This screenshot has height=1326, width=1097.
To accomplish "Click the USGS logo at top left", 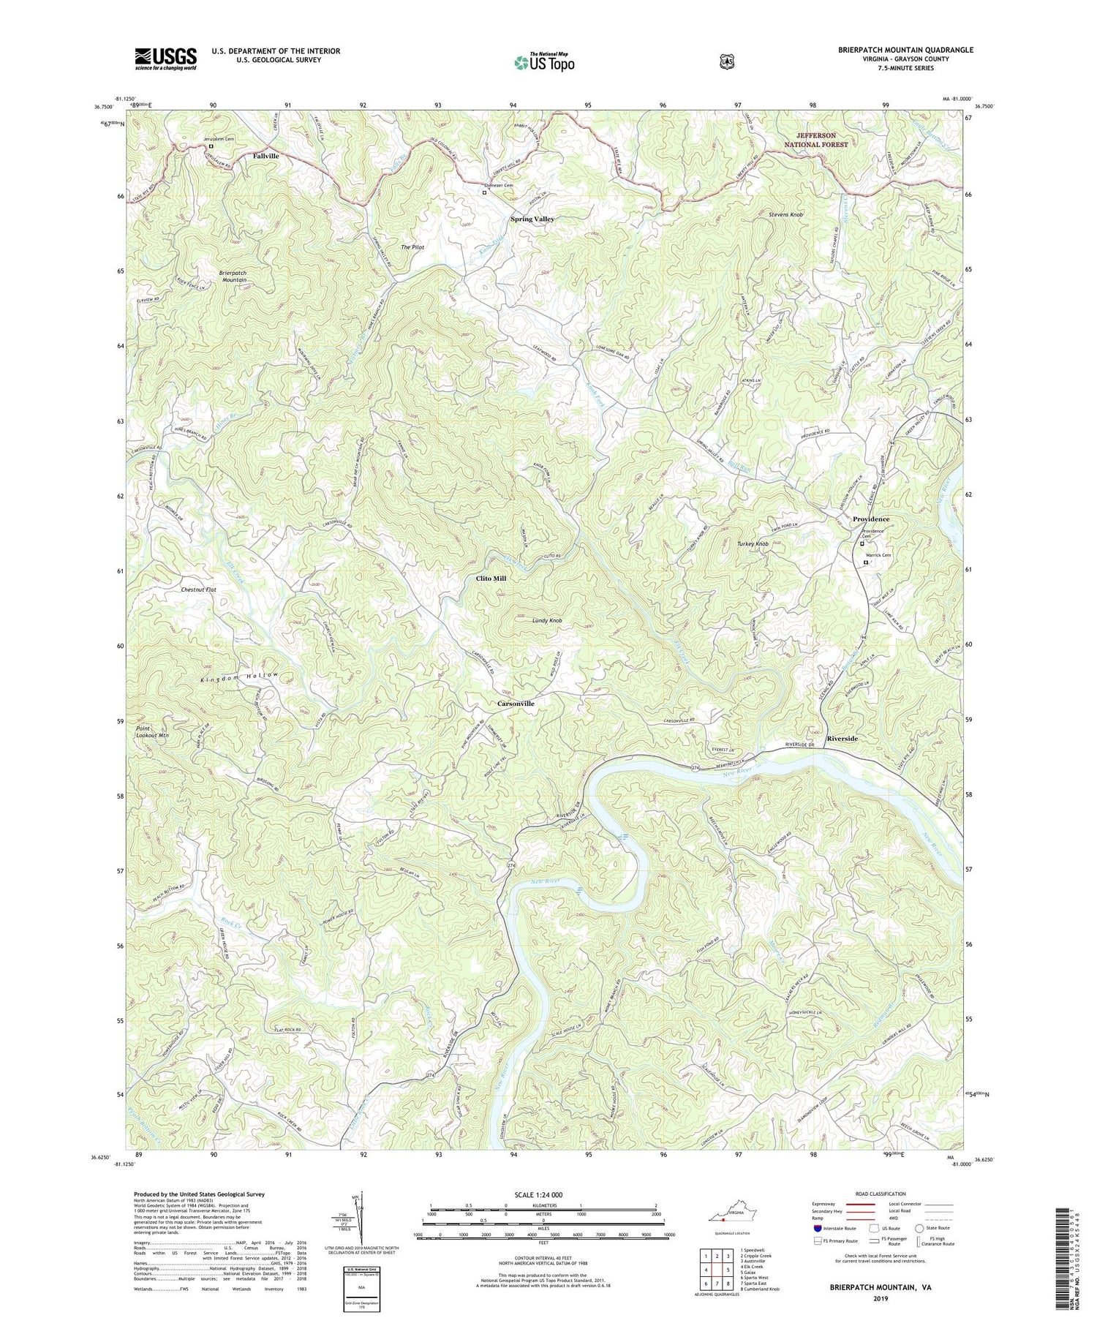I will click(x=165, y=59).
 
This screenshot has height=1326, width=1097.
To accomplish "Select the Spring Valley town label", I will click(x=532, y=219).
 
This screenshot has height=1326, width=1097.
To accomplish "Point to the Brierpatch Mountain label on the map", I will click(x=233, y=276).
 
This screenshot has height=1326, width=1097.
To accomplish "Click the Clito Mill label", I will click(x=491, y=578).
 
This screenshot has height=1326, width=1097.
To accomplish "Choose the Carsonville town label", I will click(x=516, y=703).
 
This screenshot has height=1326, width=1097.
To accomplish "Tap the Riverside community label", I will click(x=842, y=739).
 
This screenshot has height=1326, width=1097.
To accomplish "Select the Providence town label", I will click(x=871, y=519).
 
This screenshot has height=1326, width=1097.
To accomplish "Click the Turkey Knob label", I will click(x=753, y=544).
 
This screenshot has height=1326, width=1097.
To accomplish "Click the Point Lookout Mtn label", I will click(x=152, y=732).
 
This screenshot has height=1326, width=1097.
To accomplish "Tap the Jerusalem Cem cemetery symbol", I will click(x=211, y=146).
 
